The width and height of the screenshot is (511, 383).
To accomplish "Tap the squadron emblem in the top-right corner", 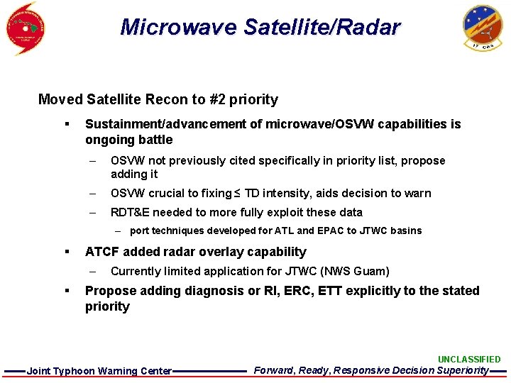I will coord(482,26).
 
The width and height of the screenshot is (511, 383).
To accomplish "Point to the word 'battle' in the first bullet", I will coord(152,140).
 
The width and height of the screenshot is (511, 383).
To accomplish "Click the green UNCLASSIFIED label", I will coord(468,360).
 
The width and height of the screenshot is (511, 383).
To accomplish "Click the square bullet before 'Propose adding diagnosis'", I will coord(66,291).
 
